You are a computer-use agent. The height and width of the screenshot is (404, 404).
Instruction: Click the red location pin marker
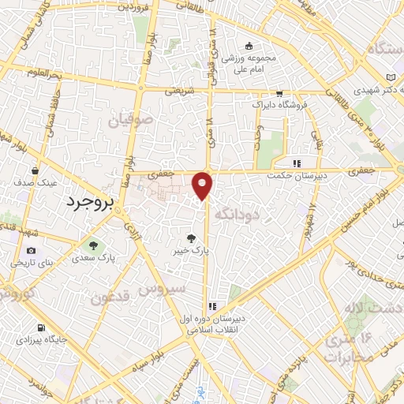tap(203, 185)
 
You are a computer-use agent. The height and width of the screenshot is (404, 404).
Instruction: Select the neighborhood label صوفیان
tap(128, 122)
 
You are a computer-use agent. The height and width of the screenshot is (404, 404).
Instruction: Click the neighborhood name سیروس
tap(156, 290)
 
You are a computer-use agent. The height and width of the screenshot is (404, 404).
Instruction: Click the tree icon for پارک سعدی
tap(93, 245)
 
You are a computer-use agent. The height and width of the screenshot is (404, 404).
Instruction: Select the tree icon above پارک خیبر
tap(192, 238)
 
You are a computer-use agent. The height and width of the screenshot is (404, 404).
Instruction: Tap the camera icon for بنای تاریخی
tap(21, 261)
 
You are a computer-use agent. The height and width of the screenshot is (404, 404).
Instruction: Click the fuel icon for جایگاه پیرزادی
tap(41, 327)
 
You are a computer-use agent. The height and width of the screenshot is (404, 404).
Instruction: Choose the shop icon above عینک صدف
tap(36, 170)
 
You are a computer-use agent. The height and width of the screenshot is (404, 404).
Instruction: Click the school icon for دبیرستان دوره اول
tap(212, 306)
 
